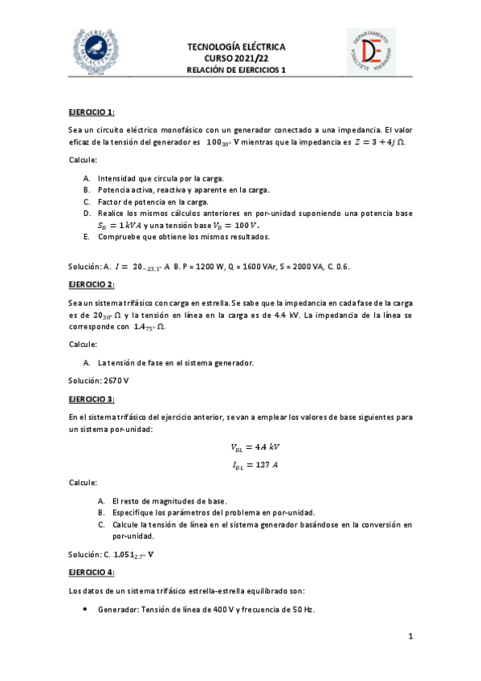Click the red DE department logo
(x=371, y=53)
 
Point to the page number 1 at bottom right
(x=410, y=637)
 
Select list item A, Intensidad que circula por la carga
(x=161, y=177)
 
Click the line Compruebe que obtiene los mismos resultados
(x=184, y=237)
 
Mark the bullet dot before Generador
(x=85, y=610)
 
